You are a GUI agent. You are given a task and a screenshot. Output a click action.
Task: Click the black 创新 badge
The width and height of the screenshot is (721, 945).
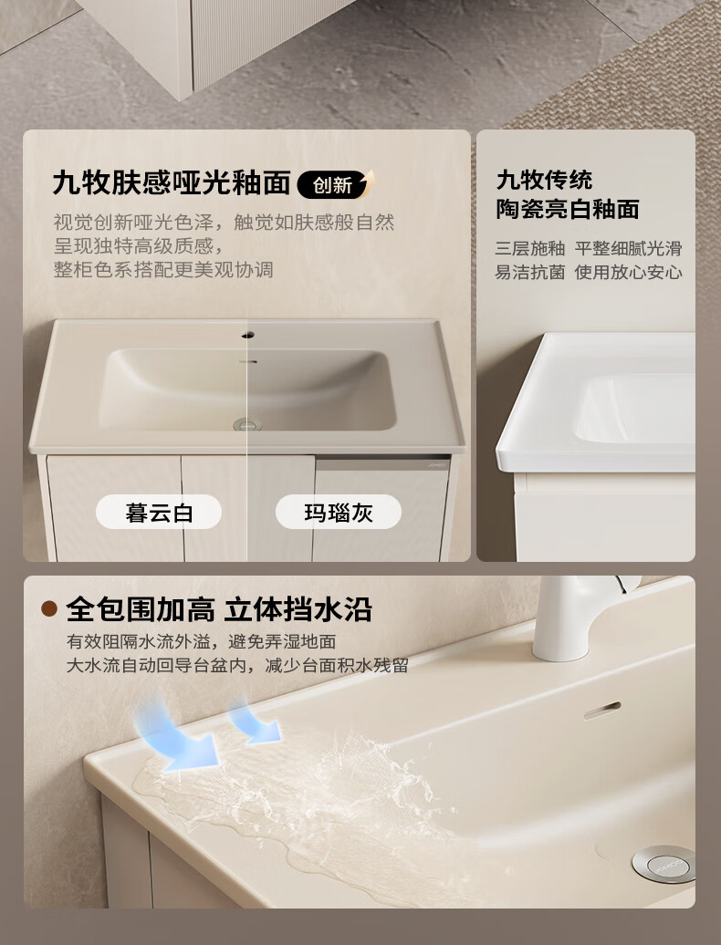335,184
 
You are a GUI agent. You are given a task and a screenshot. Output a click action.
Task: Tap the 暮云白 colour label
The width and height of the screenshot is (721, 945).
159,513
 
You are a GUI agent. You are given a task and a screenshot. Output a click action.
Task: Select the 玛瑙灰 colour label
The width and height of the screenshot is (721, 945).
339,513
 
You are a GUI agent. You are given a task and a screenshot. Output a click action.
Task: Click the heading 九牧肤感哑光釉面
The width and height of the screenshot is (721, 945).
172,182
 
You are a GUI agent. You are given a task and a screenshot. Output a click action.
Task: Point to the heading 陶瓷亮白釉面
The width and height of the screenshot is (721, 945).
568,209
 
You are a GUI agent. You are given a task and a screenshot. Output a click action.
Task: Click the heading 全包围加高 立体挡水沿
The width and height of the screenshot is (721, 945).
219,609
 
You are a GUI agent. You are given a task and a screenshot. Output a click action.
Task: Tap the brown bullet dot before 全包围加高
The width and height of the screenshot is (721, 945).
49,608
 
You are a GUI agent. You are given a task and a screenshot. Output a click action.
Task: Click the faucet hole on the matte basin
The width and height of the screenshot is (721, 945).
247,335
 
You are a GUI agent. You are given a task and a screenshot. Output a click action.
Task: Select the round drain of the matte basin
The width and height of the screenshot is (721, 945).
247,424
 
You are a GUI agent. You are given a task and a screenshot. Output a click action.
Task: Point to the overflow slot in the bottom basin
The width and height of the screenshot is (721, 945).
601,711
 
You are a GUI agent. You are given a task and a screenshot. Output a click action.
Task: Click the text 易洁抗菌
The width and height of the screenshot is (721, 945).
530,273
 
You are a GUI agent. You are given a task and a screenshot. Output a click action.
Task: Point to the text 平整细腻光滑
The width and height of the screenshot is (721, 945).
628,248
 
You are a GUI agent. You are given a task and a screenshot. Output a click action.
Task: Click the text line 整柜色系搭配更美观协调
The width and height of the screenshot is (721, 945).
163,269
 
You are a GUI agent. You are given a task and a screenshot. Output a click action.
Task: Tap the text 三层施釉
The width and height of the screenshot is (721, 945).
530,248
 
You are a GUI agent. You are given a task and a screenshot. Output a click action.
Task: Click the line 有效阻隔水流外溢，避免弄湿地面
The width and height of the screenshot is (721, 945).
202,641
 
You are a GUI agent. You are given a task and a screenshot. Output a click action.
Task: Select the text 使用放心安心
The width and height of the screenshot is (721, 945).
628,273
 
